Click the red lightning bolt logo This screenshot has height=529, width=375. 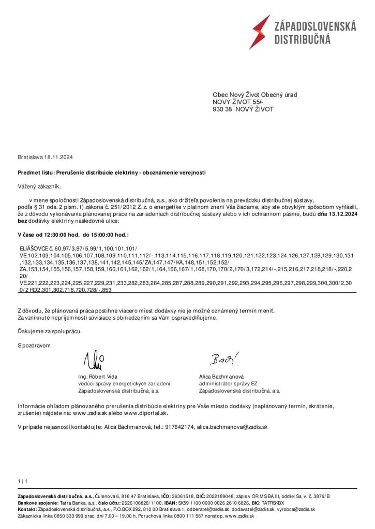click(x=260, y=31)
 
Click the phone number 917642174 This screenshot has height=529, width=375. click(x=180, y=428)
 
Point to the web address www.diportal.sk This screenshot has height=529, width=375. click(x=145, y=413)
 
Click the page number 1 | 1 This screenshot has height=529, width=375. click(x=22, y=481)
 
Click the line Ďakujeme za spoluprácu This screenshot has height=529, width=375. click(x=50, y=331)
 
